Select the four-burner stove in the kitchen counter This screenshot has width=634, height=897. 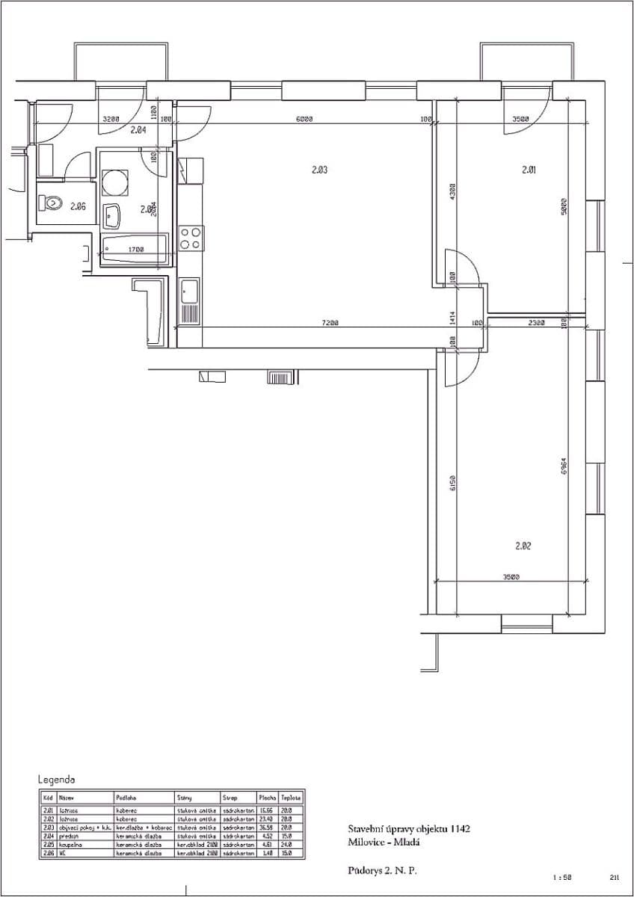[191, 238]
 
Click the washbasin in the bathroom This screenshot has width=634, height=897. [113, 216]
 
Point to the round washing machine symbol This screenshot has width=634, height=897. [114, 182]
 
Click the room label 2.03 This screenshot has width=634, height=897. [319, 170]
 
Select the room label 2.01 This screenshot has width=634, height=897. [529, 170]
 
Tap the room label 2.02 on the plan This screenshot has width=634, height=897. [523, 546]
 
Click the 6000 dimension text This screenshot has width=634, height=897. [304, 119]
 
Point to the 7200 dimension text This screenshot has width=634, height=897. [330, 323]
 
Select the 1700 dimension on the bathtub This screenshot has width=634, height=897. [135, 250]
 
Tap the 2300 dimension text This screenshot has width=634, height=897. [537, 323]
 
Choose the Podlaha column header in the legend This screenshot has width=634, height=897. [126, 798]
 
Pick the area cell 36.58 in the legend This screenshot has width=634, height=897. [266, 827]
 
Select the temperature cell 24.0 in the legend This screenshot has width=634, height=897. [286, 844]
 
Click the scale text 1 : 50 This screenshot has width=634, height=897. [562, 877]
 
